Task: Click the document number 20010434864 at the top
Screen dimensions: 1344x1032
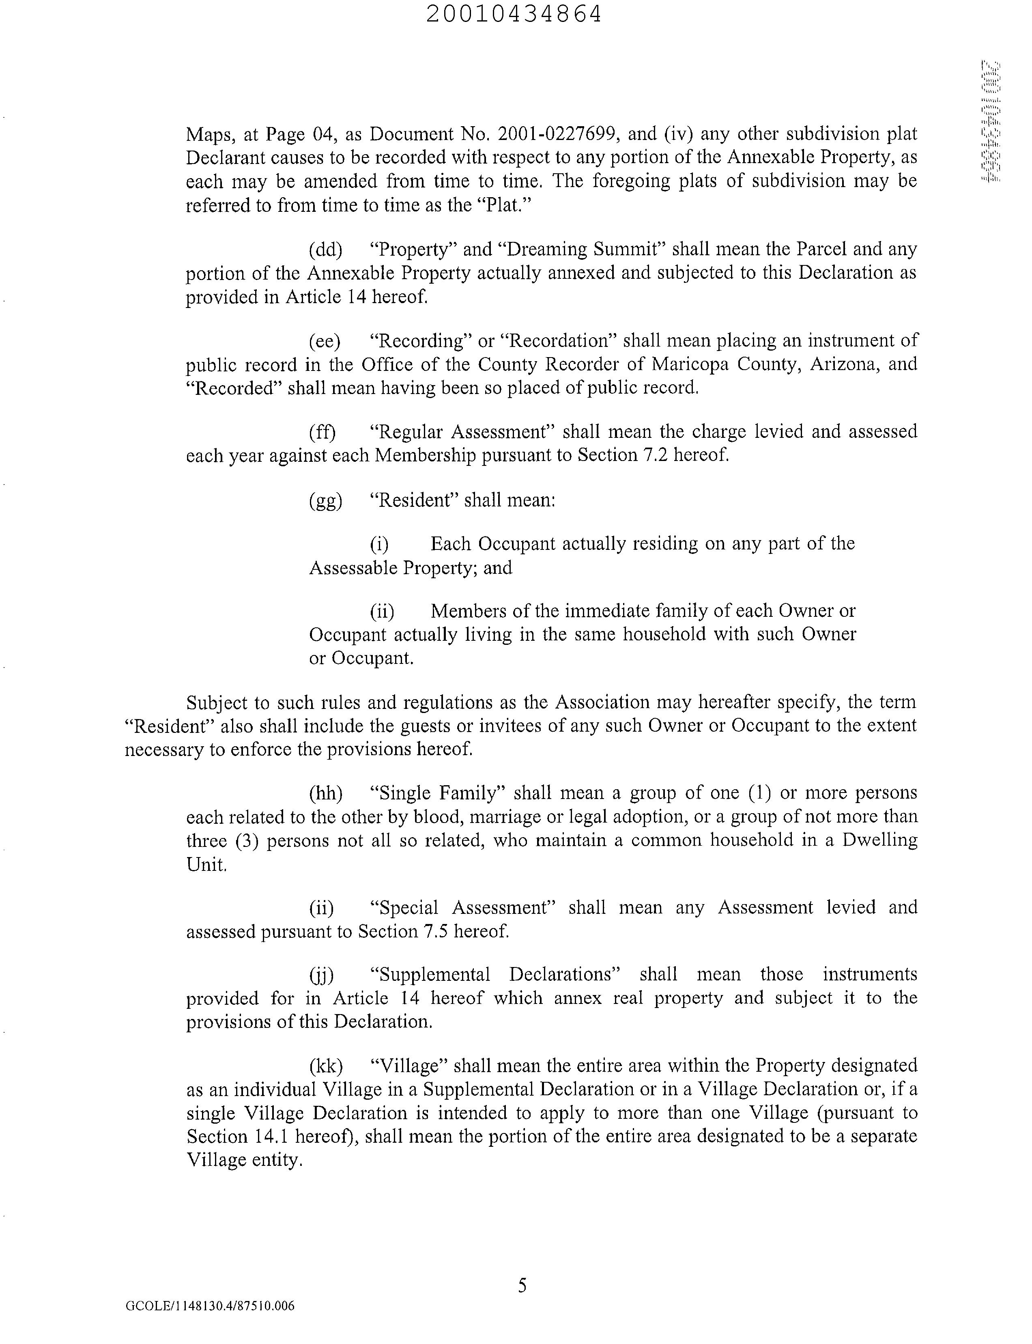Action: pos(514,14)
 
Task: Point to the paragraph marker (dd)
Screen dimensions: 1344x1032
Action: pos(325,250)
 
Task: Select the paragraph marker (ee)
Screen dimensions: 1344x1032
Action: pos(325,341)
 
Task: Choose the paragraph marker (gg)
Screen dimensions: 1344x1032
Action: pos(325,501)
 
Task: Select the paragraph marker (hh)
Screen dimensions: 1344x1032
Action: pos(325,793)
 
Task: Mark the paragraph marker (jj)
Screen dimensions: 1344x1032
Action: pos(321,975)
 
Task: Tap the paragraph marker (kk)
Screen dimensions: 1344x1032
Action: pos(325,1066)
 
